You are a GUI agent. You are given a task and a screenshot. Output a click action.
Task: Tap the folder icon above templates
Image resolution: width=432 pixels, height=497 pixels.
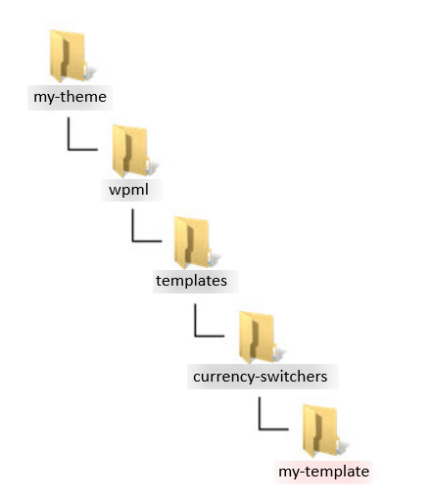193,243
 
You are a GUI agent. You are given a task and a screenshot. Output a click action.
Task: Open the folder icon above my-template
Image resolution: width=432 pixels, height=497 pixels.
322,430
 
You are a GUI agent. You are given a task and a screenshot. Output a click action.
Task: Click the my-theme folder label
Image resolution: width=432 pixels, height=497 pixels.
70,97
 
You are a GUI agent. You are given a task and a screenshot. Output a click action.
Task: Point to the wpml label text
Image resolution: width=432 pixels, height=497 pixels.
128,190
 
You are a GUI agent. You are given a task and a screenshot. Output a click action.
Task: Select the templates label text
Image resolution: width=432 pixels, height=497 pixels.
191,281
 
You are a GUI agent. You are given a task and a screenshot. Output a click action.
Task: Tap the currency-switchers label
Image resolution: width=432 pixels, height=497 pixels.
260,377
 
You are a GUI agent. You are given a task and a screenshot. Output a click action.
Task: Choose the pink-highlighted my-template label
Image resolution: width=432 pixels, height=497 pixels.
323,472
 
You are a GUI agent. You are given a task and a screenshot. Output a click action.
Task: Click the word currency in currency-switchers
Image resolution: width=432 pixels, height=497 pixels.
223,378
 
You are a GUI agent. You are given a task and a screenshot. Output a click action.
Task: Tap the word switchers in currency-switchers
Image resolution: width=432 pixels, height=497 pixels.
294,377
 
